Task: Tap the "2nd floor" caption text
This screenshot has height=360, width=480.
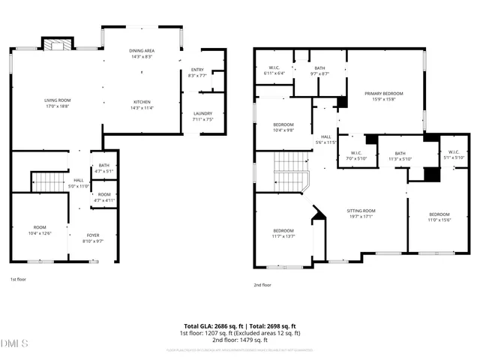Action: (262, 285)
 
